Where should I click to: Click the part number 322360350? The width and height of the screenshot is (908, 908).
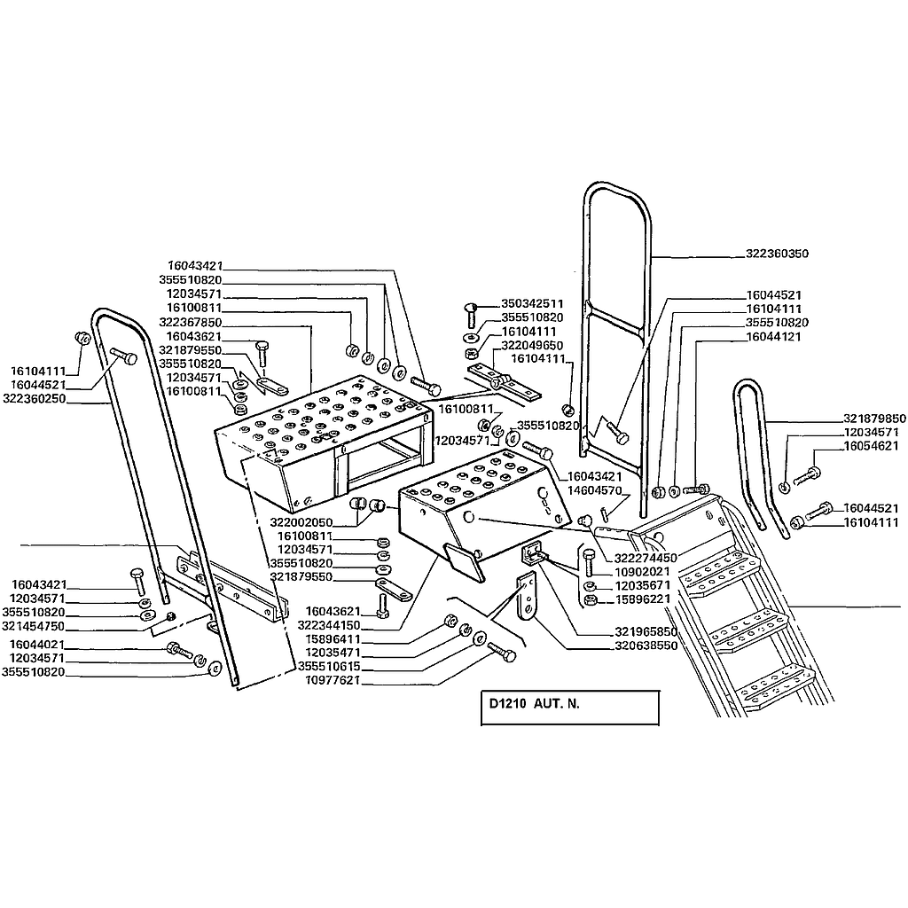[771, 254]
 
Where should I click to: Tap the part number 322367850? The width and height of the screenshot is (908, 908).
[190, 322]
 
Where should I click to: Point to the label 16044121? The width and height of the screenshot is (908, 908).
[774, 337]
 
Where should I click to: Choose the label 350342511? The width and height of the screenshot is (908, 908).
[532, 302]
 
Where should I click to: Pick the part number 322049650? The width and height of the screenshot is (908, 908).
[532, 345]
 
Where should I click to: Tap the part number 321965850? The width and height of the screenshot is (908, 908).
[646, 631]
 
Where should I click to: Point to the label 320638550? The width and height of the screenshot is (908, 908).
[646, 646]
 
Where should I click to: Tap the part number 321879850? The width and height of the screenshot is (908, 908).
[874, 418]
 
